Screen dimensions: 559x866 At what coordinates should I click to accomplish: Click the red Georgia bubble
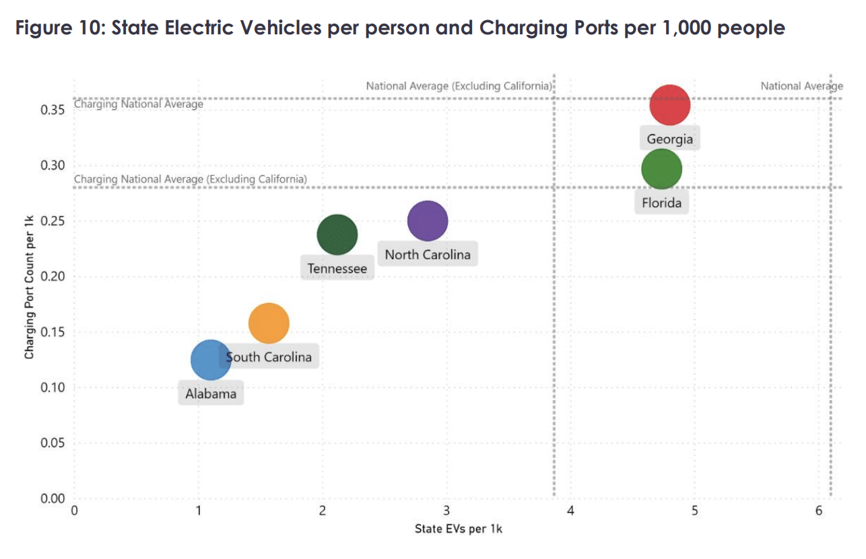point(669,105)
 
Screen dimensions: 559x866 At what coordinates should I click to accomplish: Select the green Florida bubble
point(661,169)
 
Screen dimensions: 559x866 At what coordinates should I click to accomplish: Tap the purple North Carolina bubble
point(428,221)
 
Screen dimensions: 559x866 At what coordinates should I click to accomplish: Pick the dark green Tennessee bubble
point(337,234)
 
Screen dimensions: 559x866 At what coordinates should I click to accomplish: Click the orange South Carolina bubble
point(269,323)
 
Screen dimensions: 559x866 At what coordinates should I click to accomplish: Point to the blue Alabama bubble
point(210,360)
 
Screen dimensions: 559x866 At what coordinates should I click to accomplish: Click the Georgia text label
point(669,139)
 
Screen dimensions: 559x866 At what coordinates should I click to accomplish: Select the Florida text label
point(661,203)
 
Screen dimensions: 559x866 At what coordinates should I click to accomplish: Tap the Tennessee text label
point(337,269)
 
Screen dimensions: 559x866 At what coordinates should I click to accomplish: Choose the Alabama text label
point(211,394)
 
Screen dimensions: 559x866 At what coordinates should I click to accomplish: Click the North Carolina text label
point(428,255)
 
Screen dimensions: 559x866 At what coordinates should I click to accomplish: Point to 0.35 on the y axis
point(52,110)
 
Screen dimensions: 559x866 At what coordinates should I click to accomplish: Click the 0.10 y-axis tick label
point(52,387)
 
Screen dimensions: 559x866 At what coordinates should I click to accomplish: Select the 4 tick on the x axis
point(570,511)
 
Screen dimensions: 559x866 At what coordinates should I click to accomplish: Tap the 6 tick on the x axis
point(818,511)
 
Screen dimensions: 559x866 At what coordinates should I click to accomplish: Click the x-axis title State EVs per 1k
point(458,529)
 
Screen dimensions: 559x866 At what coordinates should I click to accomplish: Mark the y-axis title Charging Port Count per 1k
point(29,284)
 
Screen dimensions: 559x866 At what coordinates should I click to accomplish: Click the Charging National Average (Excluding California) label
point(190,179)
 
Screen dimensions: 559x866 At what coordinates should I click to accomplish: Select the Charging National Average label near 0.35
point(138,104)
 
